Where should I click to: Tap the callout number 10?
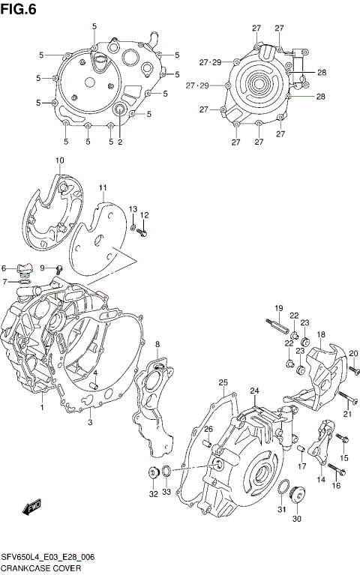pos(60,160)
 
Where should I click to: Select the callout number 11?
pos(103,187)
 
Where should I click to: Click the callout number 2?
pos(119,142)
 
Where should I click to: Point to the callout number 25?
pos(223,383)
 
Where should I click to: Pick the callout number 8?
pos(157,344)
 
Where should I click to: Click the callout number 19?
pos(277,309)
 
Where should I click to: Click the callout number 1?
pos(42,409)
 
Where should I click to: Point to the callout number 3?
pos(90,423)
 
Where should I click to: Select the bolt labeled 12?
pos(144,232)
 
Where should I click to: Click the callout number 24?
pos(254,391)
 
